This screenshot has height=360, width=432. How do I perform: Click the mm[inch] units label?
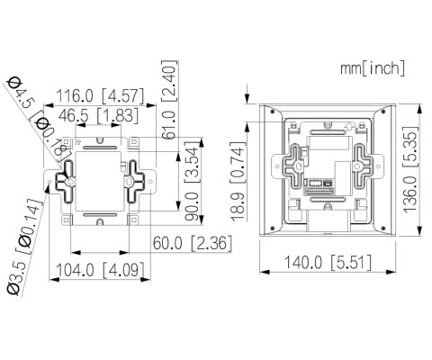point(373,67)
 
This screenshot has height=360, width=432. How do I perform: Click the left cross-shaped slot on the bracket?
point(67,179)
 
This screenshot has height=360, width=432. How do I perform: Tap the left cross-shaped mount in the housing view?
point(291,167)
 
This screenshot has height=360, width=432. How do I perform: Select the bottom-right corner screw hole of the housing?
point(388,229)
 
